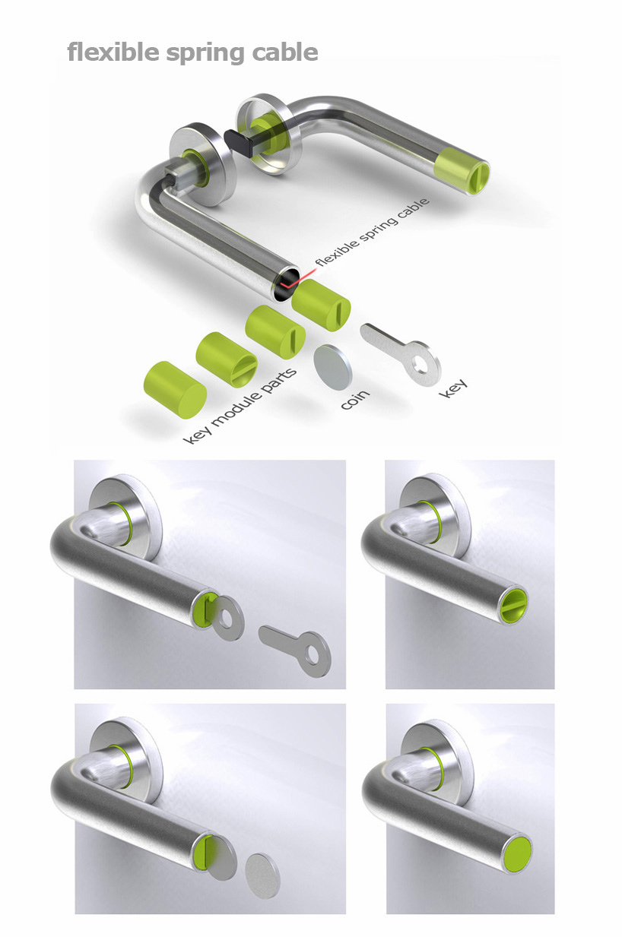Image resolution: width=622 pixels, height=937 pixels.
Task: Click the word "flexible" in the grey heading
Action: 113,52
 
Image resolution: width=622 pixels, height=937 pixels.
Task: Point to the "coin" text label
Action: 355,399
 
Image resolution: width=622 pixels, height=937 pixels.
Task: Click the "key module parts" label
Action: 240,405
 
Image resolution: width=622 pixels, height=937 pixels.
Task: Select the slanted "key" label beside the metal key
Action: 452,388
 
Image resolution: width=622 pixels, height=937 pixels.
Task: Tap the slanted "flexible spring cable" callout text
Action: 372,232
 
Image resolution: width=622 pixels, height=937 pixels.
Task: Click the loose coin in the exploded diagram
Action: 333,366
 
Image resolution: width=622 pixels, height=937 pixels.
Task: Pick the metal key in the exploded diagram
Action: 401,350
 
